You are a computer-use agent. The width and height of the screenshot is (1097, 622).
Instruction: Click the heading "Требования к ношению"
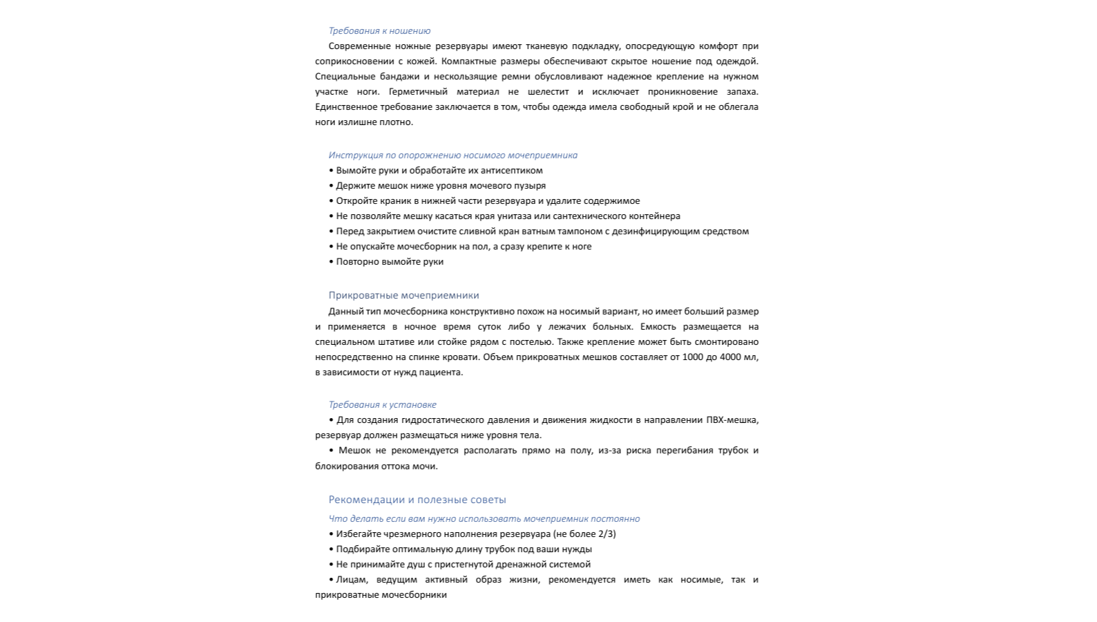(x=379, y=31)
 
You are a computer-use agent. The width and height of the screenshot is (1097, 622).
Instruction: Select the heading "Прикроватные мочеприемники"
(x=403, y=295)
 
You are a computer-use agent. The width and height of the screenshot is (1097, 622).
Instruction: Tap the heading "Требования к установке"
(x=382, y=405)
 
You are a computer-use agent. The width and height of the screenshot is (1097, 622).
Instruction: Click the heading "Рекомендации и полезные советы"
(x=417, y=500)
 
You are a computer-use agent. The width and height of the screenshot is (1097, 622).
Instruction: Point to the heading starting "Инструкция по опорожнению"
(x=452, y=155)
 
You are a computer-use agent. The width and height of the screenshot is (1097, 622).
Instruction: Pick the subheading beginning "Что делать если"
(x=484, y=519)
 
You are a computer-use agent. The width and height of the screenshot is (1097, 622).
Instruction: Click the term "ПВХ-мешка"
(x=732, y=420)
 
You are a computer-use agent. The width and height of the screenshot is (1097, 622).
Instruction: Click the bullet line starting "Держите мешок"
(x=441, y=186)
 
